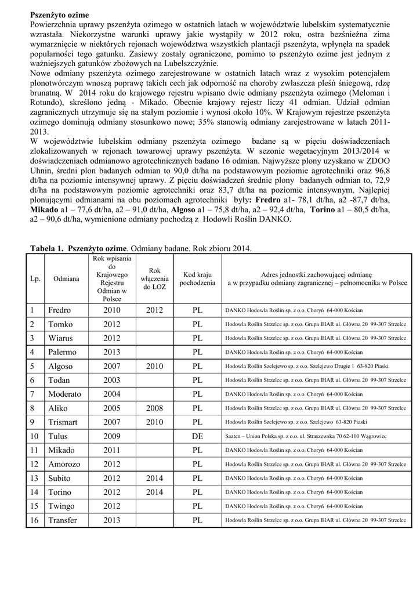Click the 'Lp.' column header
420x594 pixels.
(x=35, y=279)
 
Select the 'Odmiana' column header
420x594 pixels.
(x=66, y=279)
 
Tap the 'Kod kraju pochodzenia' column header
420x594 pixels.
(x=197, y=278)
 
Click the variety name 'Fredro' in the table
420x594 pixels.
(x=59, y=310)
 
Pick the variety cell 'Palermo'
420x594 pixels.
(x=62, y=352)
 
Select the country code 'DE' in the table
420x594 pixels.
(x=197, y=436)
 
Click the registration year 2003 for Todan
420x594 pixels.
(x=112, y=380)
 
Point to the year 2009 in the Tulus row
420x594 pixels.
(x=112, y=436)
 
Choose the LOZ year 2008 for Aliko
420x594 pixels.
(x=154, y=408)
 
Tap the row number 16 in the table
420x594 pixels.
(x=34, y=520)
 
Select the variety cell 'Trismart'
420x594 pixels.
(x=63, y=422)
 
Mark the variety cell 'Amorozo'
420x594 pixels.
(x=64, y=464)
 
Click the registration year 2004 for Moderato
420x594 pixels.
(x=112, y=394)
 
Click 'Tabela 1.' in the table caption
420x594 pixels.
(x=47, y=248)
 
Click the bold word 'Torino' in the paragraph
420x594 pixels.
(x=322, y=211)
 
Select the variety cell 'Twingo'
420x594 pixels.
(x=61, y=506)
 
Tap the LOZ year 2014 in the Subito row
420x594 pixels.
(x=154, y=479)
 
